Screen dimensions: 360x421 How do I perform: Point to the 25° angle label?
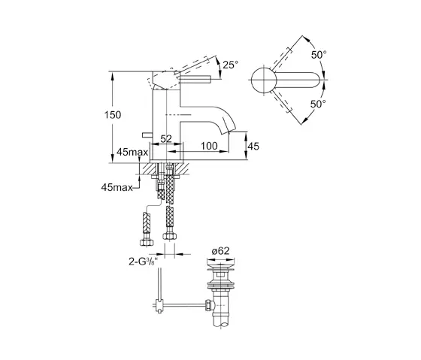click(x=230, y=65)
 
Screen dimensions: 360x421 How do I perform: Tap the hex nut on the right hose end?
click(x=168, y=242)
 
